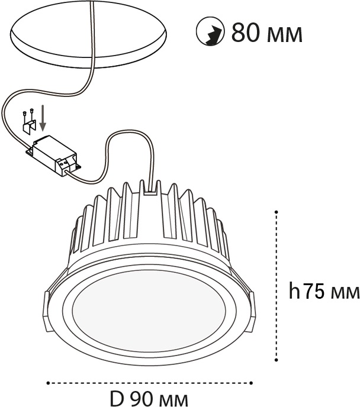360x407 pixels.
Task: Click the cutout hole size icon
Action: [210, 32]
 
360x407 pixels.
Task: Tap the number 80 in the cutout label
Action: [246, 33]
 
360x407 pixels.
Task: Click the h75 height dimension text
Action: [324, 292]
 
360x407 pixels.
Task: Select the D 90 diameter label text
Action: [149, 398]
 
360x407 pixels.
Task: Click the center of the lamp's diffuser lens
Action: [149, 312]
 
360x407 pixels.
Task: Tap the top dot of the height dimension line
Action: [277, 212]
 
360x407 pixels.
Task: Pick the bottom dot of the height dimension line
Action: [277, 360]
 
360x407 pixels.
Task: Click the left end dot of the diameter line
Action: [48, 383]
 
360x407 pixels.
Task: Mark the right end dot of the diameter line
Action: [251, 383]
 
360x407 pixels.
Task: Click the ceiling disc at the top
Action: [88, 37]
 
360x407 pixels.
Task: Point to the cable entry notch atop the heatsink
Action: [150, 188]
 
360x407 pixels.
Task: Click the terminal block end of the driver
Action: [67, 165]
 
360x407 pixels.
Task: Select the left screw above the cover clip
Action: [24, 113]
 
